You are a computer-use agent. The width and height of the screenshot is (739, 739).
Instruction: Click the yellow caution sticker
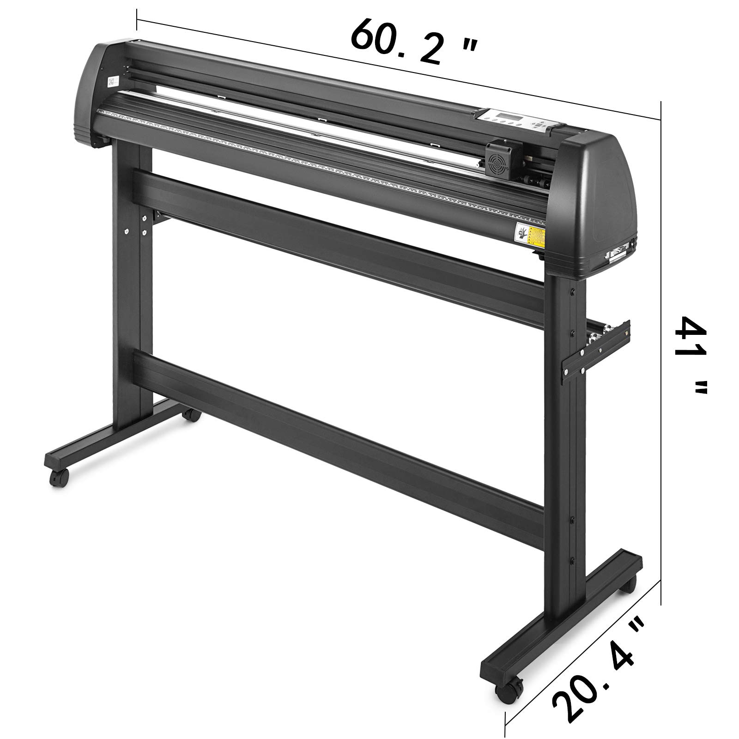536,233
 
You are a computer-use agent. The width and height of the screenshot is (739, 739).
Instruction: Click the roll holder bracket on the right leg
596,346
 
